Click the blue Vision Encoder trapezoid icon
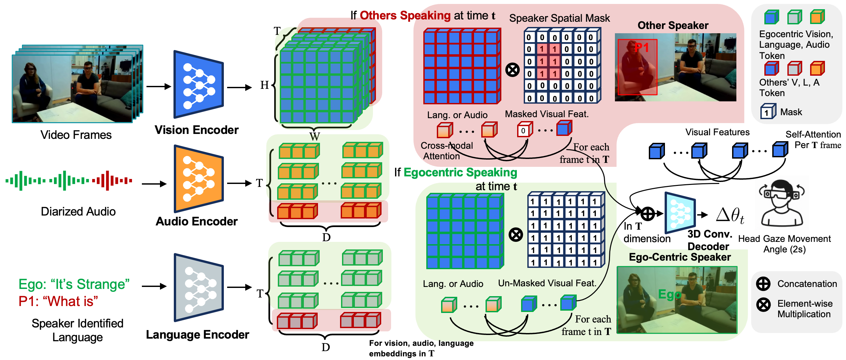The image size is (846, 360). pos(198,85)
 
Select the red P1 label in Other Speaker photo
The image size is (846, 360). pos(641,48)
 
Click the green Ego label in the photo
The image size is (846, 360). pos(669,294)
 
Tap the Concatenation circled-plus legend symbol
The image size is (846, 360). pos(763,284)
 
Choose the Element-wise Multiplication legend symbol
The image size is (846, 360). pos(763,305)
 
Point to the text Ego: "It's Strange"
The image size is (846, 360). pos(74,284)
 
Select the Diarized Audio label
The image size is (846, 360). pos(78,212)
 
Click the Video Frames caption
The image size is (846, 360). pos(76,135)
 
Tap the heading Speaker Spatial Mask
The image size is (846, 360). pos(559,18)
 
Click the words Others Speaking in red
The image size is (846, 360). pos(405,15)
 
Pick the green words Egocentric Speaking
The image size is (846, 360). pos(460,172)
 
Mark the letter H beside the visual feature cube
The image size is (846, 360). pos(264,85)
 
